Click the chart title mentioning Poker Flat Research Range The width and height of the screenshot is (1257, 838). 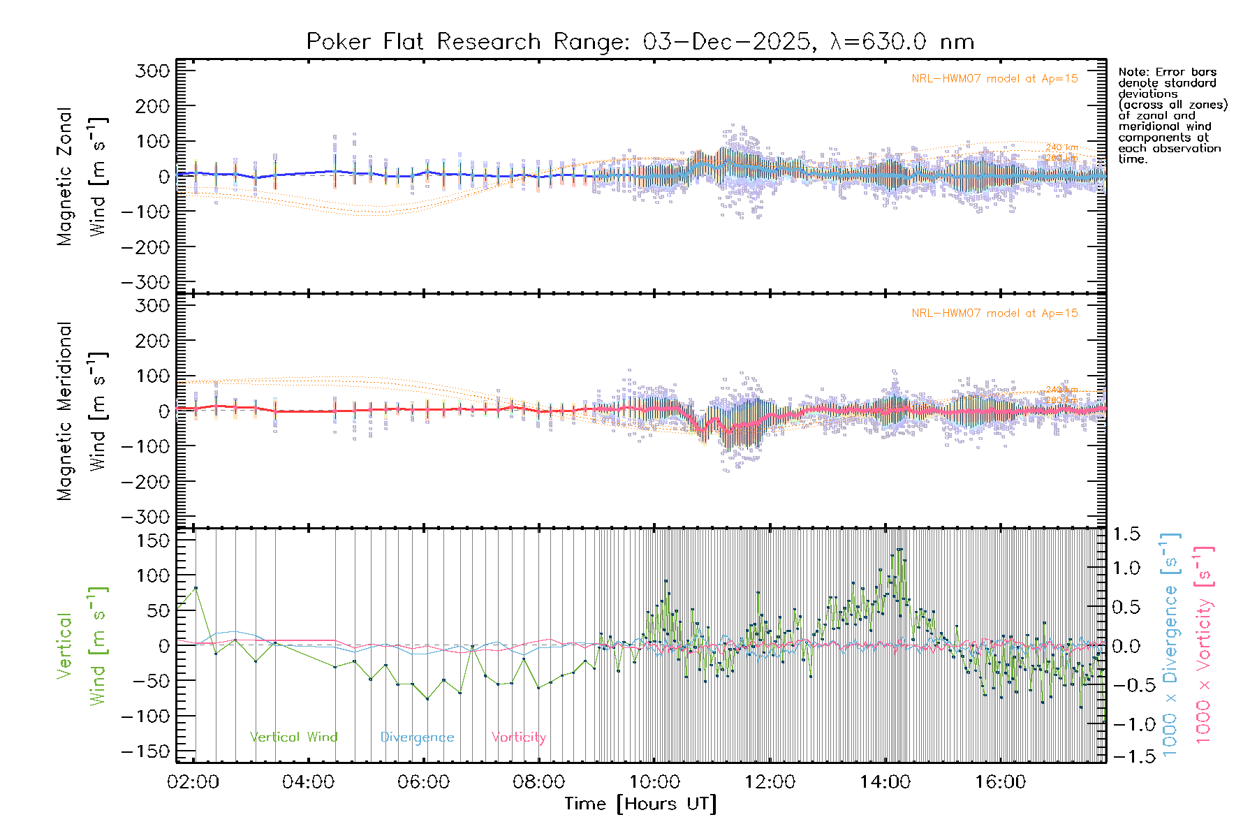click(x=640, y=42)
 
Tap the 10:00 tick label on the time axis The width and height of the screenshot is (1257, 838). click(x=654, y=782)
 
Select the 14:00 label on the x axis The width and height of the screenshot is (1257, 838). click(x=885, y=782)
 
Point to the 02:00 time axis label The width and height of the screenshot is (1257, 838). click(x=193, y=782)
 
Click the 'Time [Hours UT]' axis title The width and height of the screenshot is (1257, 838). click(x=640, y=804)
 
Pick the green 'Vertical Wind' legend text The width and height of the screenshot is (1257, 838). click(x=293, y=737)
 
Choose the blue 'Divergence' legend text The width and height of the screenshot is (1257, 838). click(x=417, y=737)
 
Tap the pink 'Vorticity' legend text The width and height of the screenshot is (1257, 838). click(x=518, y=737)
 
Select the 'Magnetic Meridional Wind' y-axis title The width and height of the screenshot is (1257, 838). click(x=82, y=411)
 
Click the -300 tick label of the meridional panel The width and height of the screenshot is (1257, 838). click(x=146, y=517)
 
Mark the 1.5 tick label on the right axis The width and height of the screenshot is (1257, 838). click(x=1126, y=535)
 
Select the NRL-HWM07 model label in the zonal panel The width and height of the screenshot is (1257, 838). click(x=994, y=79)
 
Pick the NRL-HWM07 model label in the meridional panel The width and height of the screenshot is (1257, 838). click(x=994, y=314)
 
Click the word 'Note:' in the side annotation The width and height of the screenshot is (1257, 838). click(x=1134, y=72)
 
